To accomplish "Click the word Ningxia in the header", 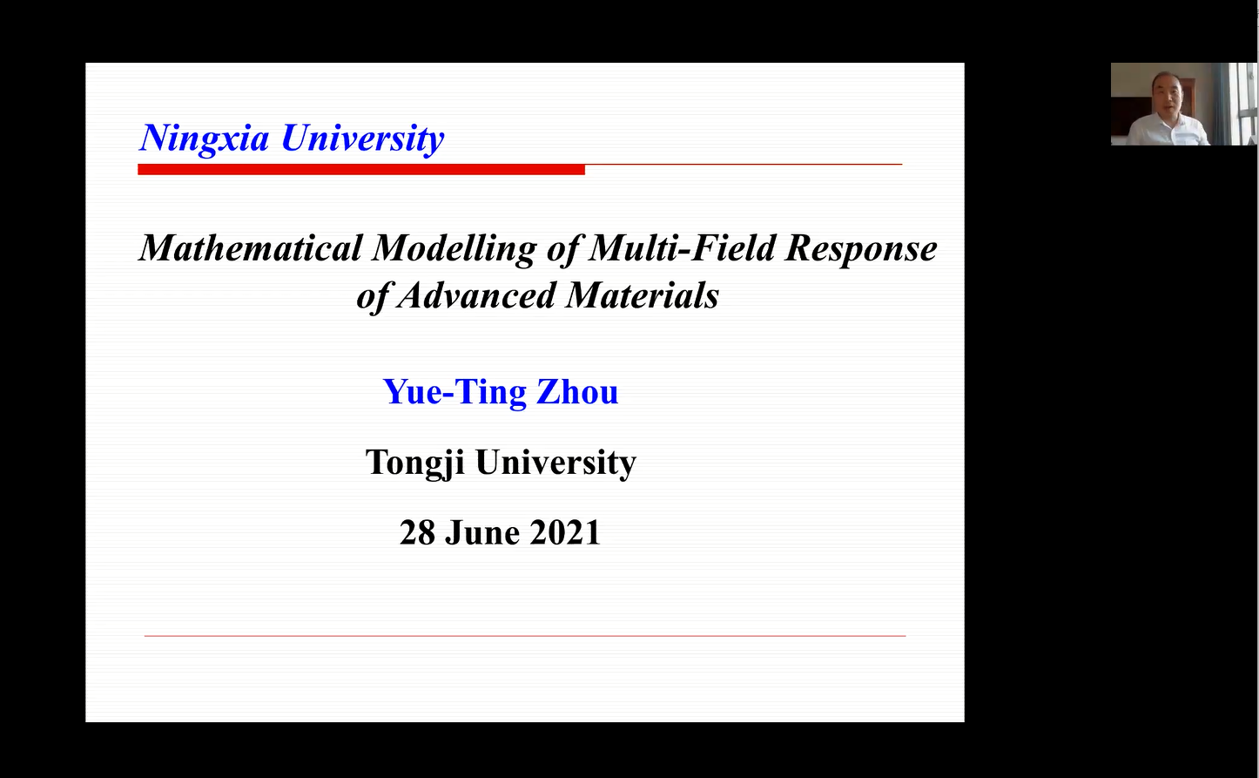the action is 205,139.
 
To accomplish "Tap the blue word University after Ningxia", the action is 362,139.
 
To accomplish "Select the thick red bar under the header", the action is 361,169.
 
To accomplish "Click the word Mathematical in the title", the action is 251,248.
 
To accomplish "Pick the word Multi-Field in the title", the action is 682,248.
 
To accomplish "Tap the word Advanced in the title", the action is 476,295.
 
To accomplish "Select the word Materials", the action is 643,295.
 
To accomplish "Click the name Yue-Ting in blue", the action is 454,392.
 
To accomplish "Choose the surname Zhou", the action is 577,391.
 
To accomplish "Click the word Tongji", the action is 414,463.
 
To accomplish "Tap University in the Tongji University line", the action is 555,463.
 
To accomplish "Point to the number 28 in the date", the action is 417,532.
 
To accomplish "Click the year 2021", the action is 565,532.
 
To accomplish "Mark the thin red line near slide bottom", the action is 525,636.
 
